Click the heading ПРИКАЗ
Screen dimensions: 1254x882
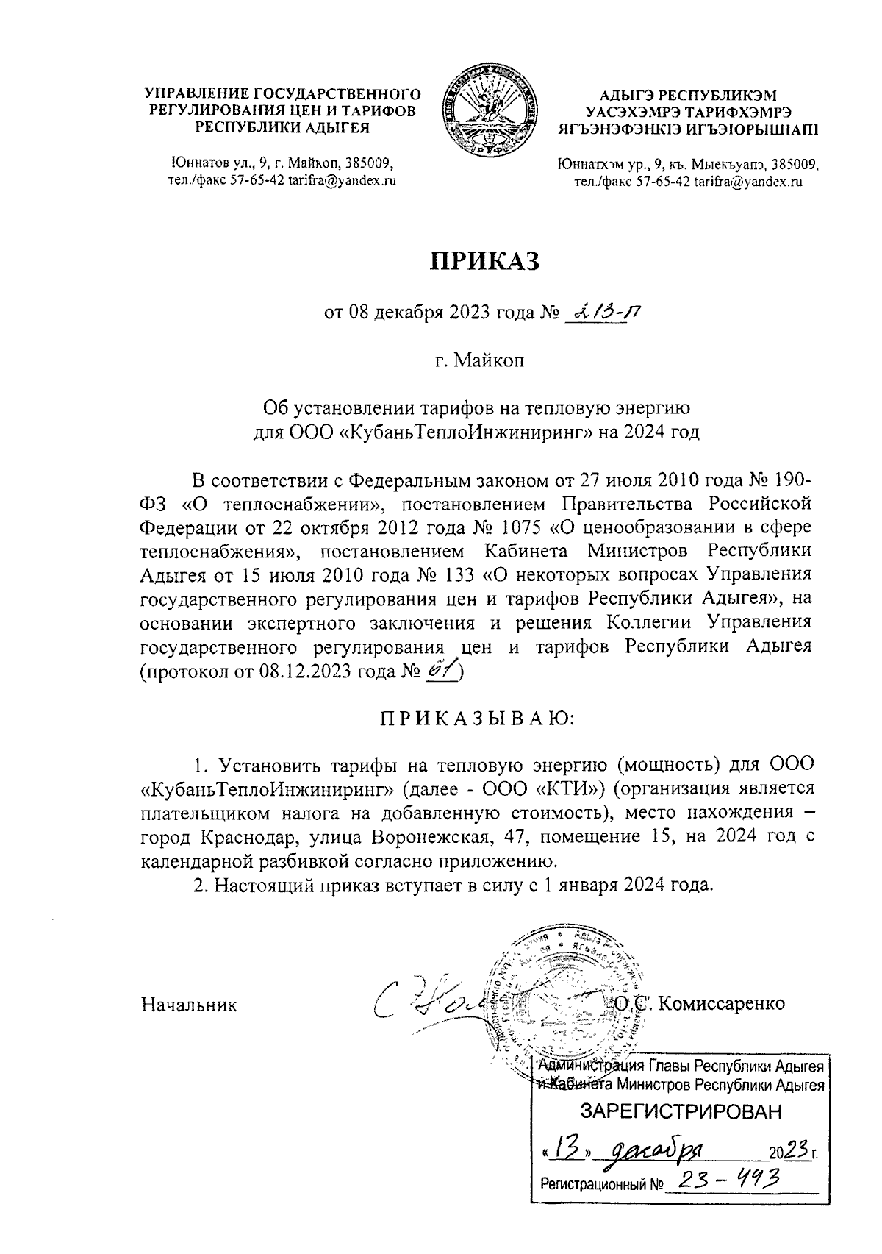[484, 260]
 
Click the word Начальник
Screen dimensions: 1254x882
[189, 1004]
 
